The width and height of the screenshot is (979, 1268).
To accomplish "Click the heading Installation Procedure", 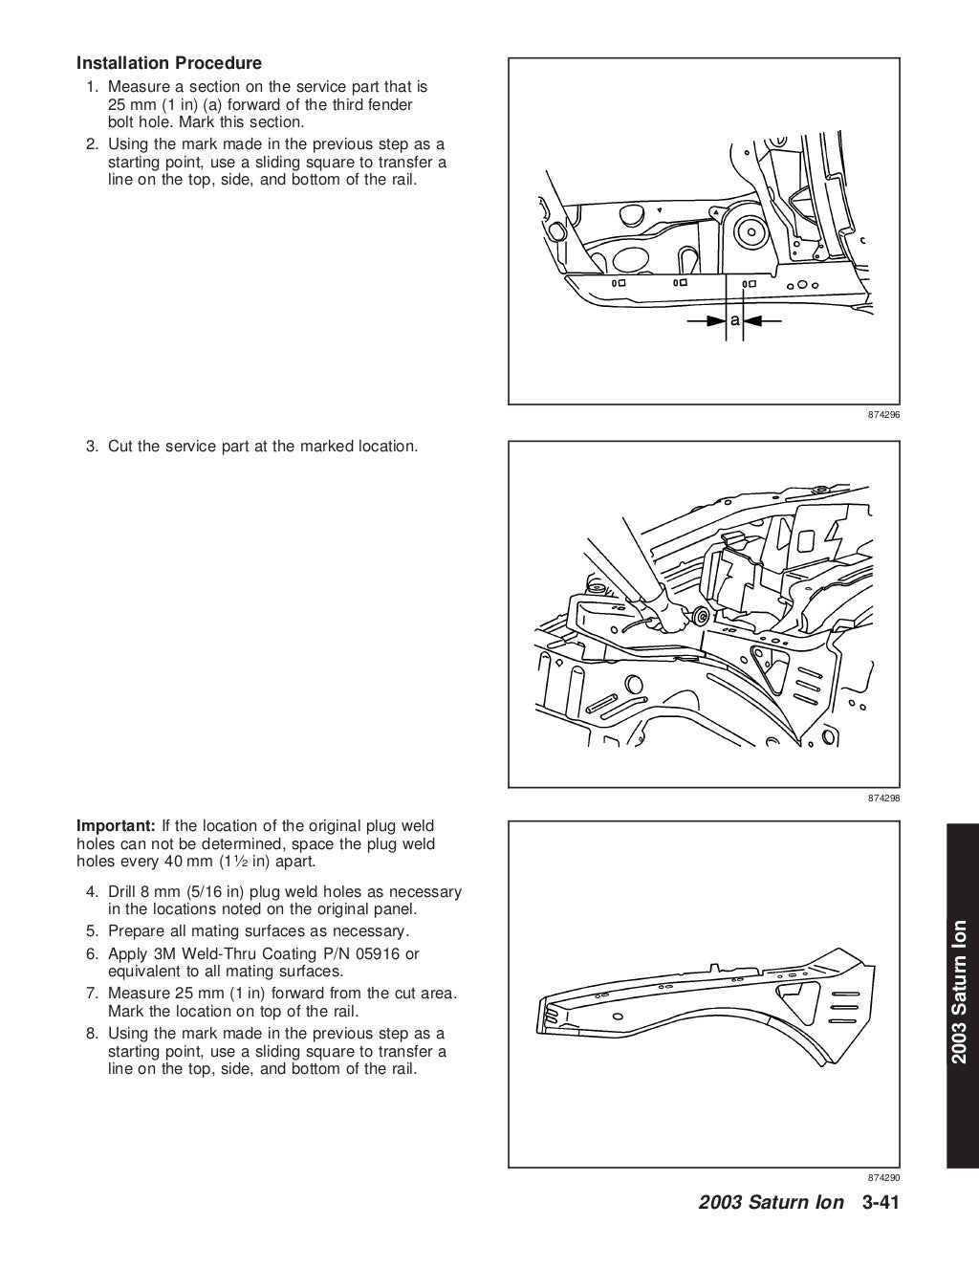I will click(x=168, y=64).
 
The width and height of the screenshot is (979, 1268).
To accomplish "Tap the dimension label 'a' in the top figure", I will click(x=735, y=320).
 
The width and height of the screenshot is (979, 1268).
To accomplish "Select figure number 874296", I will click(x=884, y=416).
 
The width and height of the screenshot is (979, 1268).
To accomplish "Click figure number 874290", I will click(x=884, y=1178).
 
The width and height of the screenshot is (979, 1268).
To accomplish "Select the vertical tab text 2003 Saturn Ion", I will click(x=961, y=991).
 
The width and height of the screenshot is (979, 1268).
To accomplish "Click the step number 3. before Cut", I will click(x=93, y=447).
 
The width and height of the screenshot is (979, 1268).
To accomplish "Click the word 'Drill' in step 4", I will click(x=125, y=892).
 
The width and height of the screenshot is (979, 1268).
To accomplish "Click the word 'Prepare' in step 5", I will click(x=137, y=931).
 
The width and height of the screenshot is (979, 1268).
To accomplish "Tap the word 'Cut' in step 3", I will click(x=121, y=447).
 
